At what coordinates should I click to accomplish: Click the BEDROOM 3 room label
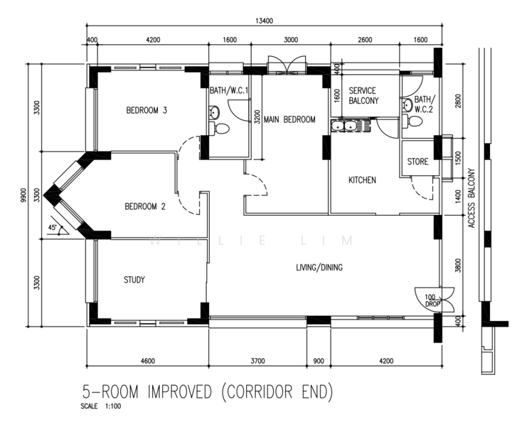click(146, 110)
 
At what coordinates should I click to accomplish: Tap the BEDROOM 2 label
click(145, 206)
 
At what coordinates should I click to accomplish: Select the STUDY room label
click(134, 280)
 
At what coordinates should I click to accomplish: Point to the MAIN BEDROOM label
click(289, 119)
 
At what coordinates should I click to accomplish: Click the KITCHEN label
click(362, 180)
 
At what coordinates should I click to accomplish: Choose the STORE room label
click(417, 162)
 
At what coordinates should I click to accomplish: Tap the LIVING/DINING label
click(319, 267)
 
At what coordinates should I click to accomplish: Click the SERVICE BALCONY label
click(363, 95)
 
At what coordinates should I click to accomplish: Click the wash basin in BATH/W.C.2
click(407, 105)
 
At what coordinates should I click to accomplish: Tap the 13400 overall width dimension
click(264, 21)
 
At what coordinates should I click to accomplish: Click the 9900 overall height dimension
click(23, 195)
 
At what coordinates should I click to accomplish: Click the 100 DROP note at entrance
click(431, 300)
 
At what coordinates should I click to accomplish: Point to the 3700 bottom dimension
click(257, 361)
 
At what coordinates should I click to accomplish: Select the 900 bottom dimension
click(319, 361)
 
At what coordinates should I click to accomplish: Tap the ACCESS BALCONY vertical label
click(471, 198)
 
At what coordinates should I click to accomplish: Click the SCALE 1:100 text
click(101, 406)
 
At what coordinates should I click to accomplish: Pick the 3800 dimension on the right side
click(458, 265)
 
